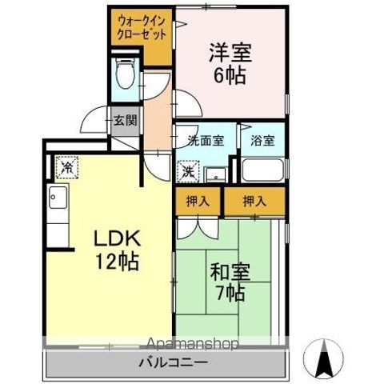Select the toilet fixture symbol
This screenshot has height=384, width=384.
pos(125,76)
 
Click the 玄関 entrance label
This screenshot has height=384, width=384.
pos(124,121)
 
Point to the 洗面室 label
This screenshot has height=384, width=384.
pos(206,140)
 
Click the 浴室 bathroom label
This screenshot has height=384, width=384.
pos(262,140)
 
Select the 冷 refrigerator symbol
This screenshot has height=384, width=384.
pos(66,167)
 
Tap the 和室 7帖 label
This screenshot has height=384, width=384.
pos(229,281)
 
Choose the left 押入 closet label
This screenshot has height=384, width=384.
pos(198,202)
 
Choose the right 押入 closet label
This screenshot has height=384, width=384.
pos(254,202)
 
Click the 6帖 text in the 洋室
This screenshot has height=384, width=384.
pos(229,77)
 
